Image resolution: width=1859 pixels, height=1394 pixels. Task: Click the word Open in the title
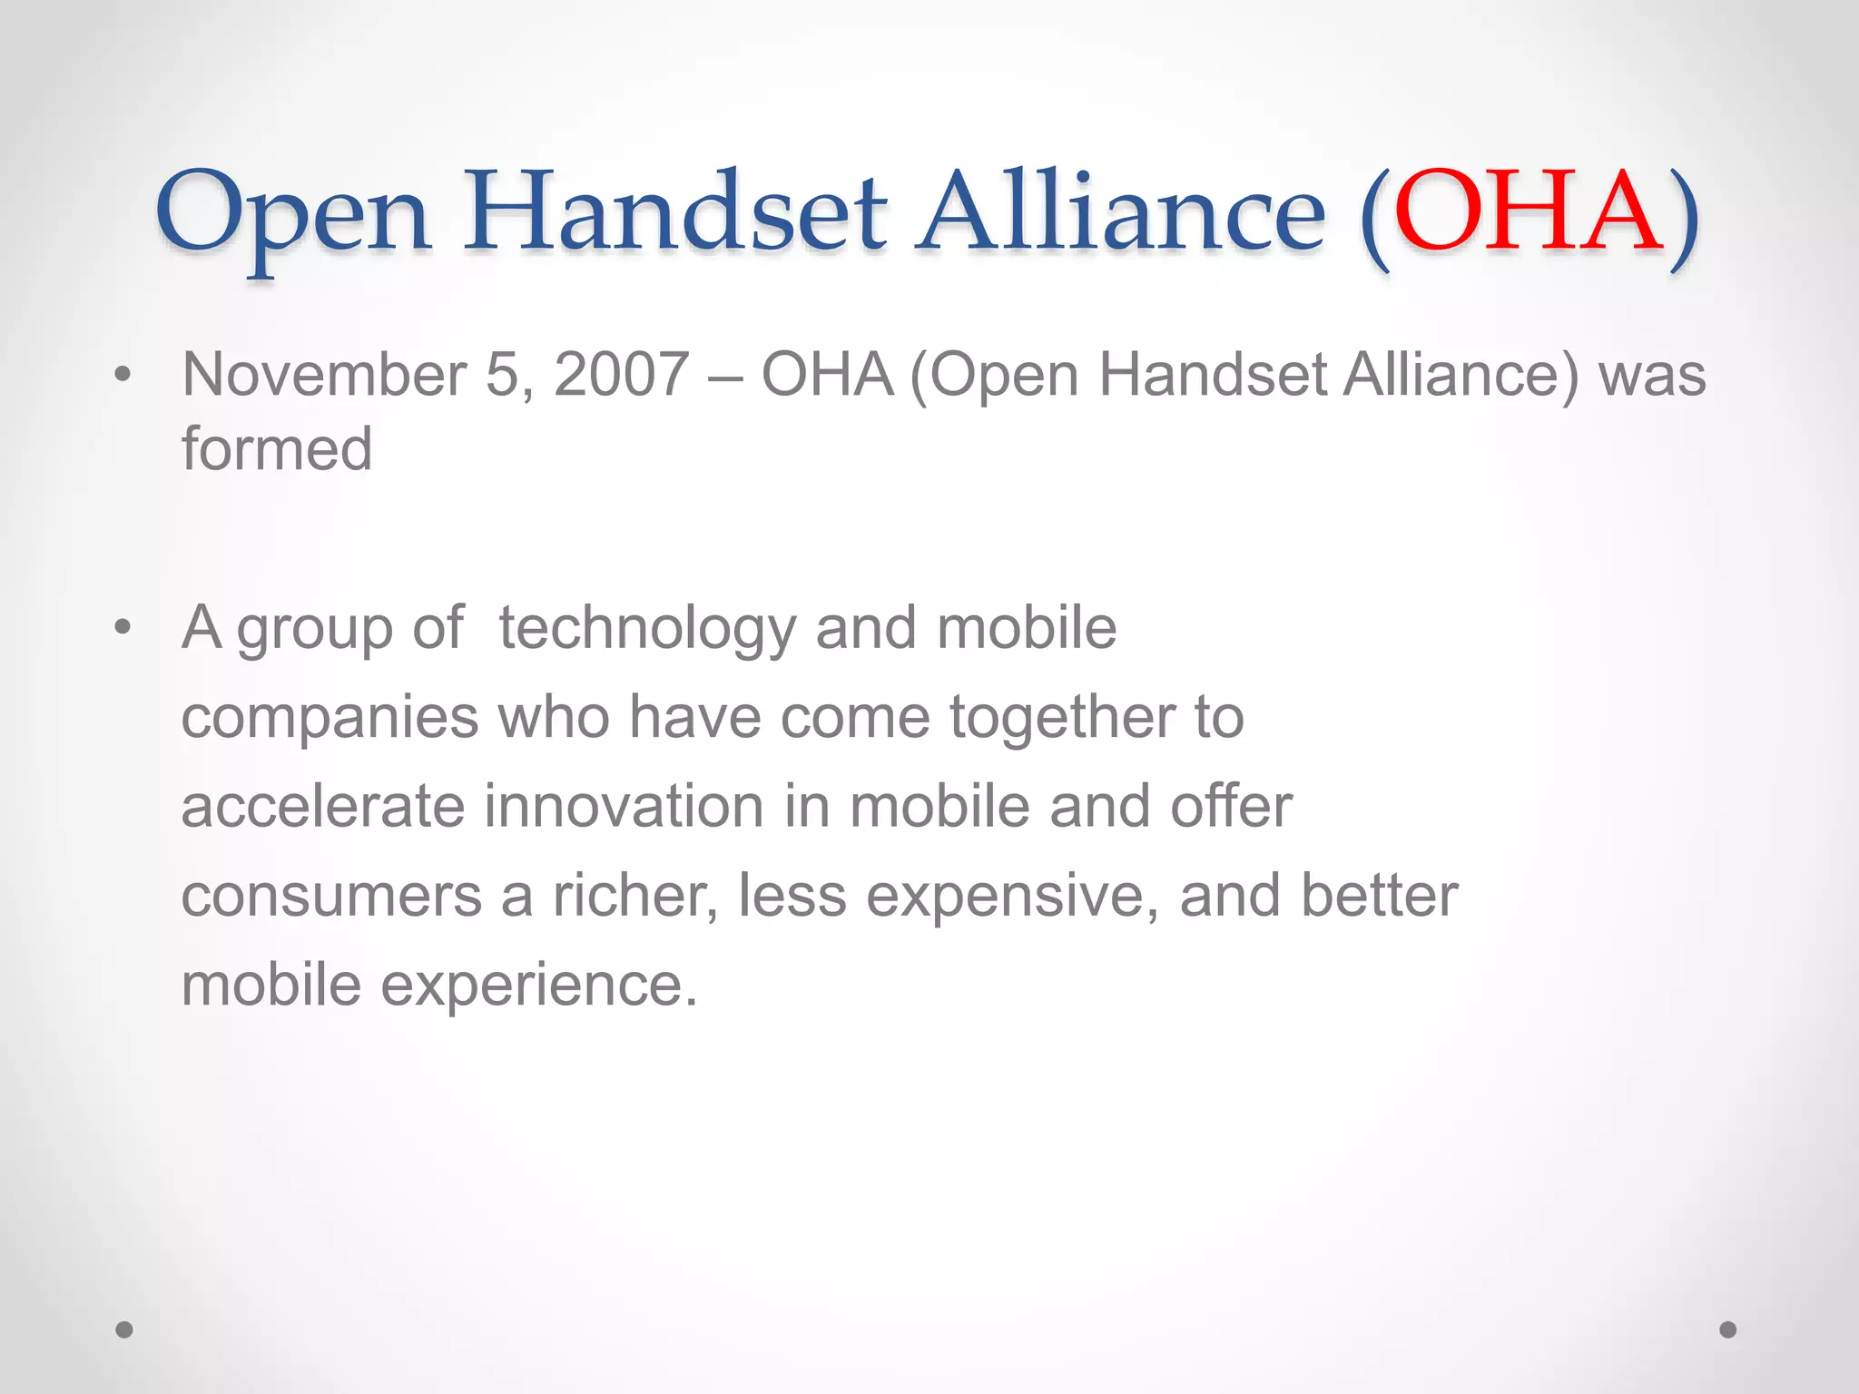[x=292, y=218]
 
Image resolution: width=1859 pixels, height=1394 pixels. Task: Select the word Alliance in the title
[x=1121, y=213]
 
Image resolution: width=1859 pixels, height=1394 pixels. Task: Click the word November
[x=324, y=375]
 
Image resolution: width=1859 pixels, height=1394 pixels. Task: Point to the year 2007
[x=622, y=375]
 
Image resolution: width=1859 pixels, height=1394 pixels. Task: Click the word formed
[x=277, y=449]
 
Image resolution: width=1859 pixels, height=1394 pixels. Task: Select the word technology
[x=647, y=629]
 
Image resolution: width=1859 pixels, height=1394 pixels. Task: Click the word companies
[x=330, y=718]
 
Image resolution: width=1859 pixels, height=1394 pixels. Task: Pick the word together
[x=1061, y=718]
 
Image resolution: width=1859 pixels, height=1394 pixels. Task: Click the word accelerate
[x=322, y=806]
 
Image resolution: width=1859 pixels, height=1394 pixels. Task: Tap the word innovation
[x=624, y=806]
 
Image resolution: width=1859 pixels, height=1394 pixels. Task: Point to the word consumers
[x=331, y=896]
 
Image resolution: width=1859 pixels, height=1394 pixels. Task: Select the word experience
[x=539, y=986]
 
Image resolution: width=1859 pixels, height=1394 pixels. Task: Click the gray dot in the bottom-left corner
[x=124, y=1330]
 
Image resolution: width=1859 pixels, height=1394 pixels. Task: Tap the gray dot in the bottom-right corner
[x=1728, y=1330]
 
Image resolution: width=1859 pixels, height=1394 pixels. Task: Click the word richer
[x=635, y=896]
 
